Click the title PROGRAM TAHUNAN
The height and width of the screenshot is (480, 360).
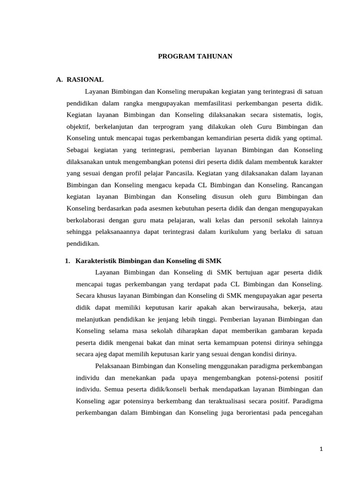195,56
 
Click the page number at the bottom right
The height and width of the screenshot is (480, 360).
321,449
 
